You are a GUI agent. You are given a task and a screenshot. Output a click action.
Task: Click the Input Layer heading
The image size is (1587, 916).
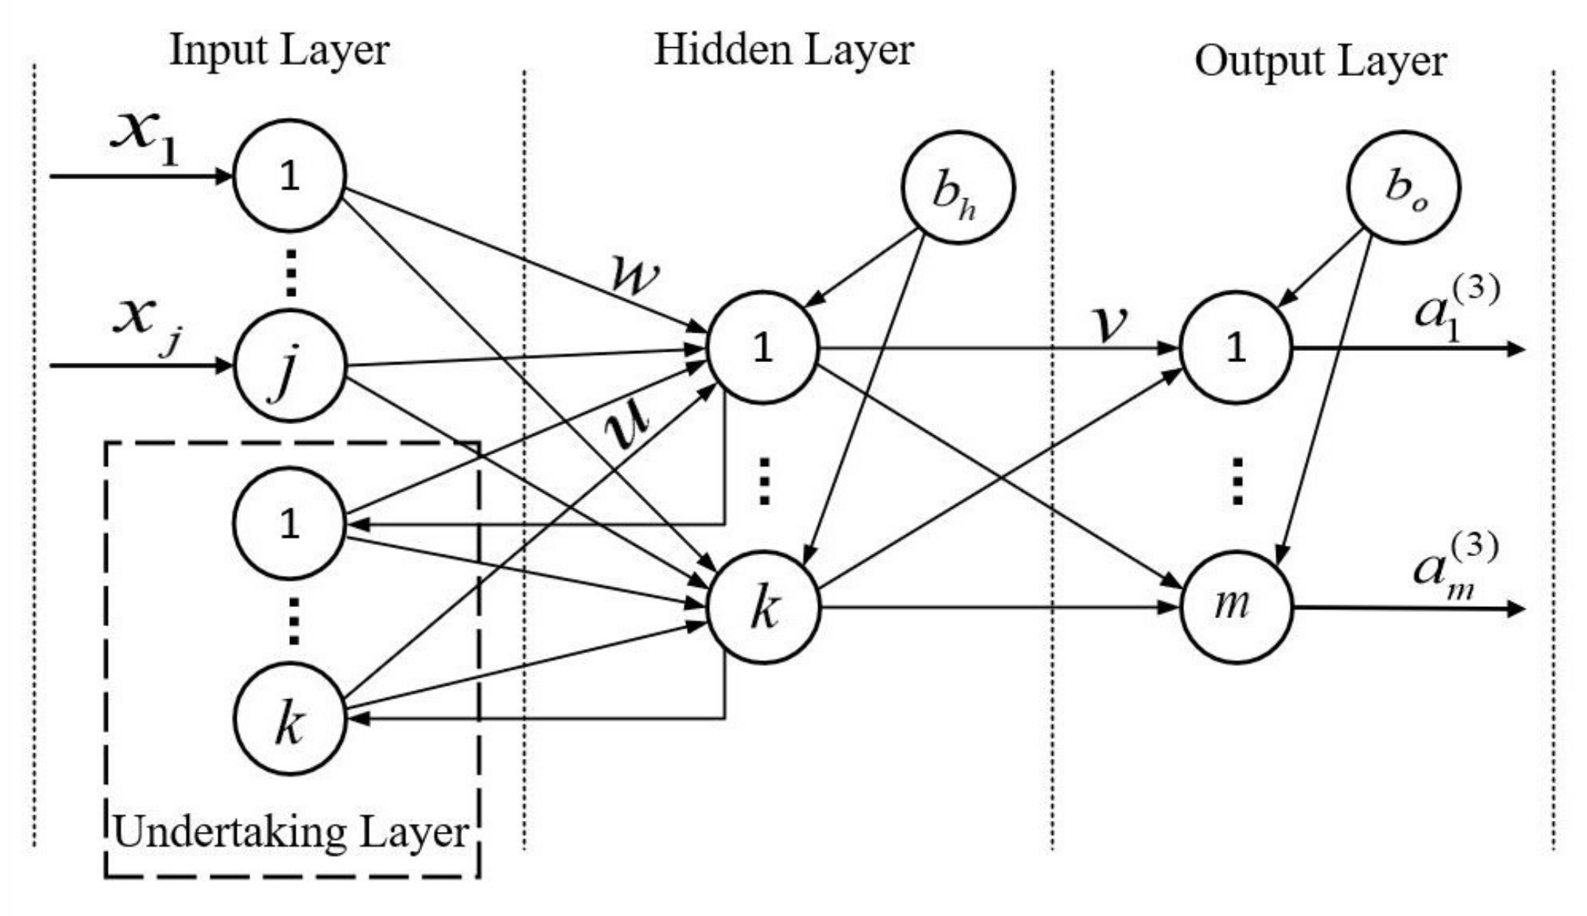point(279,51)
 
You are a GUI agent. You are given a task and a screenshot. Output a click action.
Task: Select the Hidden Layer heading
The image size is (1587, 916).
point(784,51)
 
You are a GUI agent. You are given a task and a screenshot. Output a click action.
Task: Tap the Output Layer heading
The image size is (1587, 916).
point(1320,61)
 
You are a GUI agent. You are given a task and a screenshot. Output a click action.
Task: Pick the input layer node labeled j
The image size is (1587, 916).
point(290,366)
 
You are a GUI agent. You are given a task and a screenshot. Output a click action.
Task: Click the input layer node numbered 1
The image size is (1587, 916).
point(290,176)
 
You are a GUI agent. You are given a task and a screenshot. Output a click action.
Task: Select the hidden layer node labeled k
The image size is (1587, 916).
point(763,608)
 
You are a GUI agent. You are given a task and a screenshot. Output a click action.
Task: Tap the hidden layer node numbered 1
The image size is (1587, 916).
point(763,347)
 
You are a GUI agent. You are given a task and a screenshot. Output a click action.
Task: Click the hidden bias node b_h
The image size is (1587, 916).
point(958,188)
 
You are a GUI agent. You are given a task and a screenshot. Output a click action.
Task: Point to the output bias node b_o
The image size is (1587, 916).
point(1403,187)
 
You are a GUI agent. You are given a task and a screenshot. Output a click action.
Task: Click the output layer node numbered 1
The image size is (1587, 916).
point(1236,347)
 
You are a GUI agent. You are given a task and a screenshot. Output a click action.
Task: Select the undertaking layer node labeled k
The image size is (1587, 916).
point(290,719)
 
